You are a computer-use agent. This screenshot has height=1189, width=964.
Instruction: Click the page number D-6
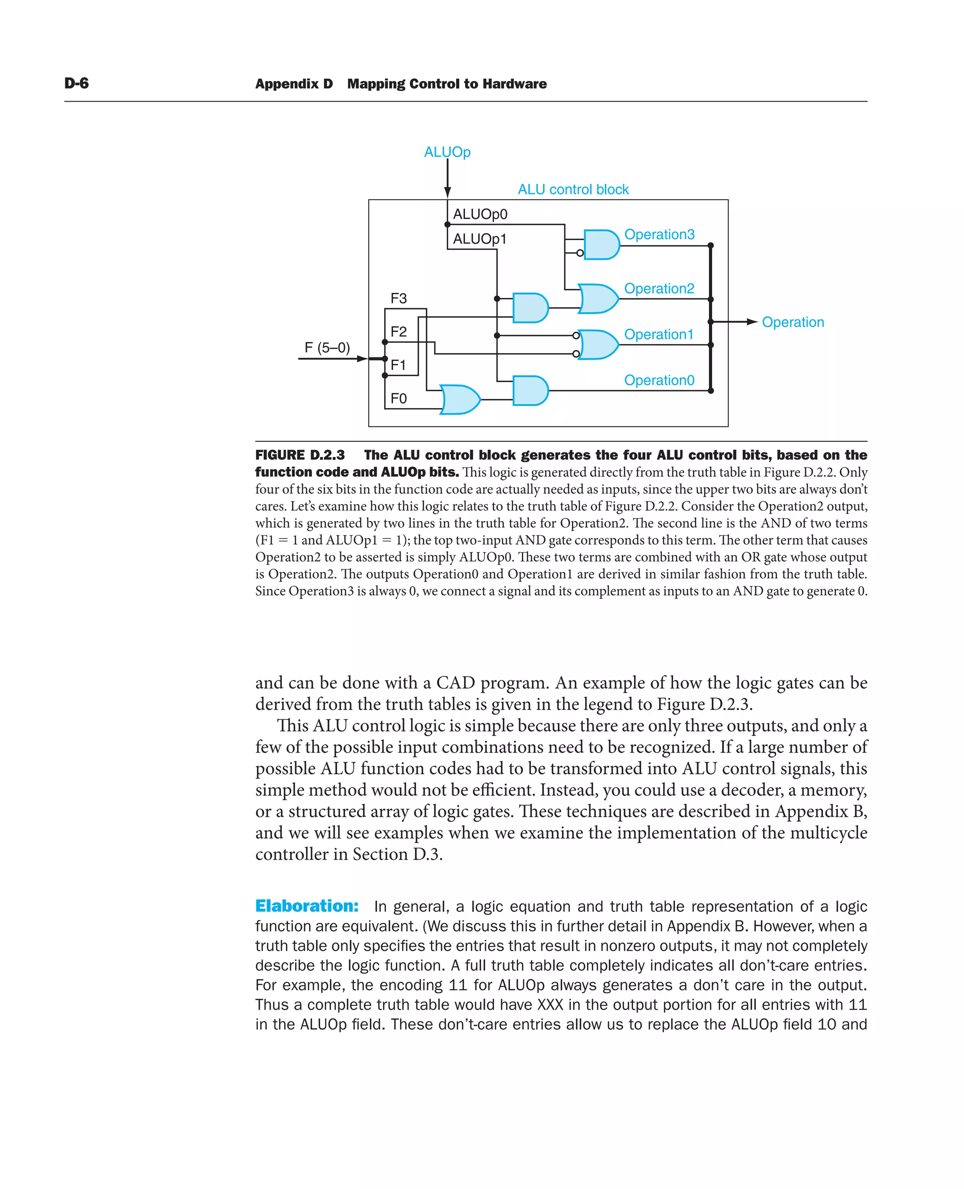click(76, 83)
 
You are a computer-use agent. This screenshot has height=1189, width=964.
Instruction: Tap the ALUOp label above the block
click(447, 152)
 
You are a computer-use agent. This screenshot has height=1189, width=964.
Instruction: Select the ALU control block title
click(573, 189)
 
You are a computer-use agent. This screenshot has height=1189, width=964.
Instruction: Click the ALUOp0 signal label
click(480, 214)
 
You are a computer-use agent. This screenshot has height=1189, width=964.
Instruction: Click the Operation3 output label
click(659, 234)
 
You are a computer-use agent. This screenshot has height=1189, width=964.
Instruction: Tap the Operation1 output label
click(659, 334)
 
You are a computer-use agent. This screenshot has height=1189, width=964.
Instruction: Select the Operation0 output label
click(659, 380)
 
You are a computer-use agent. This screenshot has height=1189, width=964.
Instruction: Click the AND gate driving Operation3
click(602, 245)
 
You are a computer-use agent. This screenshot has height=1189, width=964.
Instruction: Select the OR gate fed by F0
click(460, 400)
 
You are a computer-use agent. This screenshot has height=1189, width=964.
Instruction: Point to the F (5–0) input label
click(327, 348)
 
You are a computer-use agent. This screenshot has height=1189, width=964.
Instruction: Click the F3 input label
click(399, 299)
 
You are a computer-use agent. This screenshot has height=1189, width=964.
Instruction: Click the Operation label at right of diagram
click(792, 322)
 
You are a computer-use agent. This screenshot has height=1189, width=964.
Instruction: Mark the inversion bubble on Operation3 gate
click(580, 253)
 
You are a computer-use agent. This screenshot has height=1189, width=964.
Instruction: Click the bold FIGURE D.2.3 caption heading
click(300, 455)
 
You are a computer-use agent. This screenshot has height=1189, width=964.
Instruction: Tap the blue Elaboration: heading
click(306, 906)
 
